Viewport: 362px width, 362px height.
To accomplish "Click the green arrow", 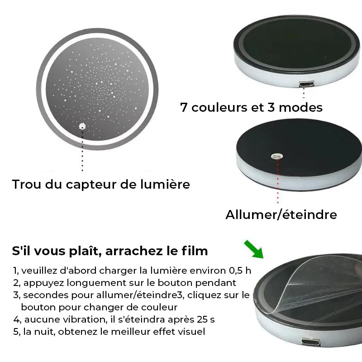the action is [x=254, y=249].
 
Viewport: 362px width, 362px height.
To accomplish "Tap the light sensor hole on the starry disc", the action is [x=82, y=126].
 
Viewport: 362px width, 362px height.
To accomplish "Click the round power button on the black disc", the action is [x=277, y=156].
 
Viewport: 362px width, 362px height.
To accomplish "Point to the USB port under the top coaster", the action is [x=307, y=84].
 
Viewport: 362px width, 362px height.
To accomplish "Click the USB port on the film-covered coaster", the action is [x=311, y=342].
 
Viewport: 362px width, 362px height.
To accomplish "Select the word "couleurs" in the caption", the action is [x=219, y=108].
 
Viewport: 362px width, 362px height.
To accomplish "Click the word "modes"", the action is [x=300, y=108].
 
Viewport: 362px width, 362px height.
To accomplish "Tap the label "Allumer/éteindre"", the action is [x=281, y=214].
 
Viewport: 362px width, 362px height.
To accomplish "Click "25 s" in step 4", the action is [x=206, y=320].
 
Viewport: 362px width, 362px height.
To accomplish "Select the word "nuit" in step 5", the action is [x=44, y=332].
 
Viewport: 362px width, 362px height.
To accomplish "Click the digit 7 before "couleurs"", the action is [x=184, y=108].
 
